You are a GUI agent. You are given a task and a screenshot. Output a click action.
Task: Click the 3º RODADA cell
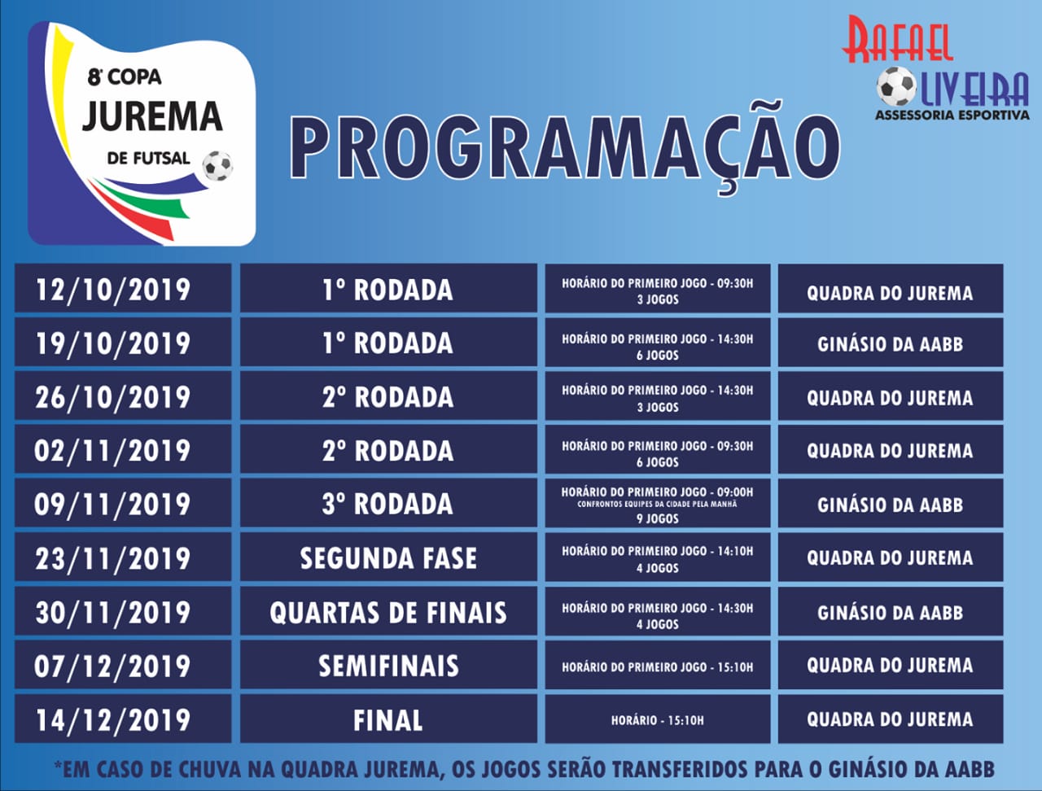pyautogui.click(x=388, y=502)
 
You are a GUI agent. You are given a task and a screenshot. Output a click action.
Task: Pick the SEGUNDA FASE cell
pyautogui.click(x=388, y=557)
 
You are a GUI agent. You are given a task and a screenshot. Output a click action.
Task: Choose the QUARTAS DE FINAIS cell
pyautogui.click(x=388, y=610)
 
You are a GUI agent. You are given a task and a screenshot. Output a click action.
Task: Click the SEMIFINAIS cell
pyautogui.click(x=388, y=664)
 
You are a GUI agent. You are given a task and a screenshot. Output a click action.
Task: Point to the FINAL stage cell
pyautogui.click(x=388, y=719)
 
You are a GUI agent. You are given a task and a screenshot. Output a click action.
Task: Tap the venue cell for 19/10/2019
pyautogui.click(x=890, y=342)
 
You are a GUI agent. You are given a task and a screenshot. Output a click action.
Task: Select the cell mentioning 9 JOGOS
pyautogui.click(x=658, y=502)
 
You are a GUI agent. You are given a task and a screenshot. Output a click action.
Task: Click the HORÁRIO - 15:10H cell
pyautogui.click(x=658, y=719)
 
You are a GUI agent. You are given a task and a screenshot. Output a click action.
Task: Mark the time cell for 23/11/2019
pyautogui.click(x=658, y=557)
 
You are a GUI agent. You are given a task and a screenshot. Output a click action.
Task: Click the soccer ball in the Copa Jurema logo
pyautogui.click(x=217, y=165)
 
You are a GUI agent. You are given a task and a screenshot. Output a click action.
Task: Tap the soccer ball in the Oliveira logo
pyautogui.click(x=895, y=86)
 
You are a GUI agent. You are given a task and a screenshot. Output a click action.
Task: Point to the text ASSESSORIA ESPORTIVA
pyautogui.click(x=952, y=115)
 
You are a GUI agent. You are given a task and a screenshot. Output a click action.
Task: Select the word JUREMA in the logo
pyautogui.click(x=152, y=116)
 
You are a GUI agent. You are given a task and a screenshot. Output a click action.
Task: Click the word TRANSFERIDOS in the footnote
pyautogui.click(x=680, y=770)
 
